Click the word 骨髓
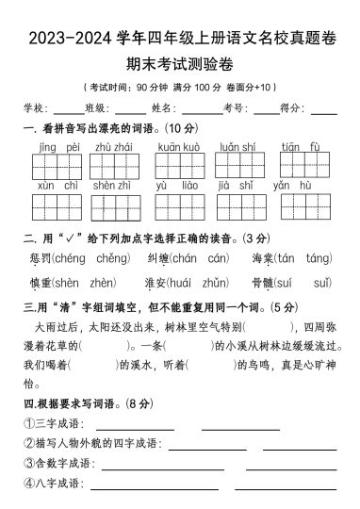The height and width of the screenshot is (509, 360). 263,282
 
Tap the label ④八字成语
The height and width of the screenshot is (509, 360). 54,484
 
